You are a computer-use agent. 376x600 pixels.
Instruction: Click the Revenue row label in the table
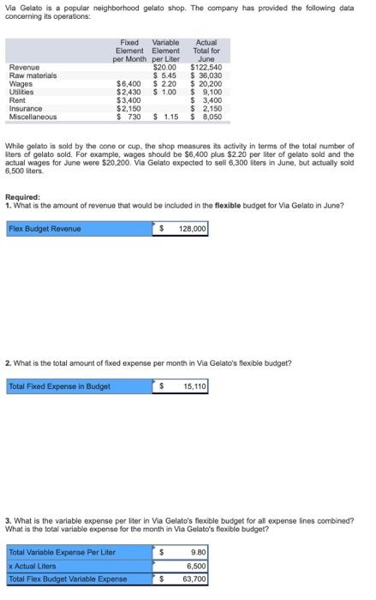pyautogui.click(x=23, y=67)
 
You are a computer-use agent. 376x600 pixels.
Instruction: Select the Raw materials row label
pyautogui.click(x=32, y=75)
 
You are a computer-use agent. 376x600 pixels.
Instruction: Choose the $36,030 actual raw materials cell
pyautogui.click(x=206, y=75)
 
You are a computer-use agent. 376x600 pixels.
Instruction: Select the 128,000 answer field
pyautogui.click(x=190, y=229)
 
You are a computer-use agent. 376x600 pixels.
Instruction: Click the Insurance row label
pyautogui.click(x=25, y=109)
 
